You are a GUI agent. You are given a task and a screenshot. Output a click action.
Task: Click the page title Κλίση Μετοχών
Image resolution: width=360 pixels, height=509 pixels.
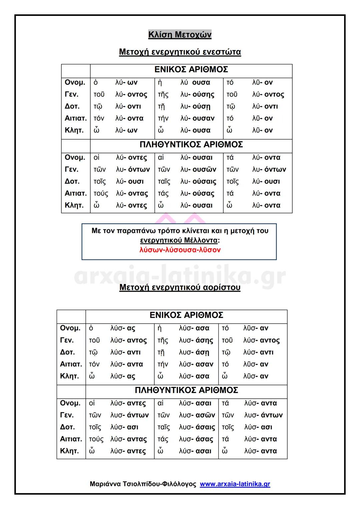180,35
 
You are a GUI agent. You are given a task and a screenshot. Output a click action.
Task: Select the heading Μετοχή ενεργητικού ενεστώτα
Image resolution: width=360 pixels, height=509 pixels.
180,52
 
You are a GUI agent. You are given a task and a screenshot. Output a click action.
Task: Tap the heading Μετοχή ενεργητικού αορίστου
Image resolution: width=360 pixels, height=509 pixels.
180,288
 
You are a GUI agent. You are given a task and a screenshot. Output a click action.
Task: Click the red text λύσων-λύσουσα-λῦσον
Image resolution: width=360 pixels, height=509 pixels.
180,250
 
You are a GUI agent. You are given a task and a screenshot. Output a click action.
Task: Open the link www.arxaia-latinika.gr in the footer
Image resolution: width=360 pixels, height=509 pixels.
235,484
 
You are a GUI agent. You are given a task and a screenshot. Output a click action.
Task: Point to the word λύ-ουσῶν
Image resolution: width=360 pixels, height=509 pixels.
198,170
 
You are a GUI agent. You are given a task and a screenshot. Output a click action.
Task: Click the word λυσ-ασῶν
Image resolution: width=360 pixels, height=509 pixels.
197,415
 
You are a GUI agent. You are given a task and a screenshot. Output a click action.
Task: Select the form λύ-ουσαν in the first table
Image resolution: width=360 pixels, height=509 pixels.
197,119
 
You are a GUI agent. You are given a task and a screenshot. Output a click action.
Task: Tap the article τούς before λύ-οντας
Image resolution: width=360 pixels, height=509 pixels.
101,194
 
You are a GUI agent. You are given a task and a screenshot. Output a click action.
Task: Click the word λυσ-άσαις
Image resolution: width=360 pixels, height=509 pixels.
197,427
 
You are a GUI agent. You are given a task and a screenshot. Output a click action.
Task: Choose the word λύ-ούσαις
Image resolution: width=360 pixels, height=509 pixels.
198,182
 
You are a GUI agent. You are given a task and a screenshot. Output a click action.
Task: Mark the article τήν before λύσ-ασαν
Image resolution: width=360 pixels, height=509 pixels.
163,364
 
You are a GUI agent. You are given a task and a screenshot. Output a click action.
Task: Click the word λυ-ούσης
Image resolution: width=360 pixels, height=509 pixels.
197,95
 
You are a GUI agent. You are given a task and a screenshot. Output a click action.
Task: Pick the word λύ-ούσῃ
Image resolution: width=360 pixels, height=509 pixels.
196,107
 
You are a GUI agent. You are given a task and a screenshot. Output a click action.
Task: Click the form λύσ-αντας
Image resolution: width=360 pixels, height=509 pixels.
128,439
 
